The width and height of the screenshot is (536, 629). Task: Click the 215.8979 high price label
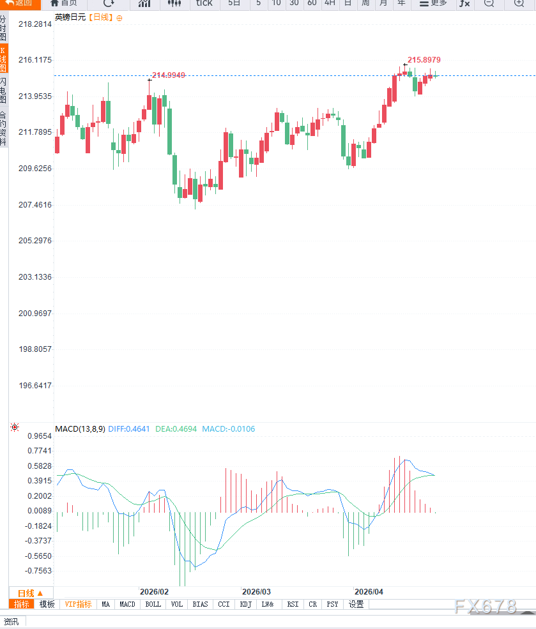point(424,60)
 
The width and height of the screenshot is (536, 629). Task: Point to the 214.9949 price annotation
point(169,75)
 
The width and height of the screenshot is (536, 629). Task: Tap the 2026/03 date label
point(256,592)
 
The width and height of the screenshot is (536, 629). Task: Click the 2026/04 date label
point(369,592)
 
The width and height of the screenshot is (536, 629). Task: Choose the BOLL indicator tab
point(153,604)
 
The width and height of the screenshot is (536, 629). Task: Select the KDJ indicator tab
point(246,604)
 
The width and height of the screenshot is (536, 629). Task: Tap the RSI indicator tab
point(293,604)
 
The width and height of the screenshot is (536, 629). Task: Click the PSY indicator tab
point(332,604)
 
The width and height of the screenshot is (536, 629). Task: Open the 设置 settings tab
point(356,604)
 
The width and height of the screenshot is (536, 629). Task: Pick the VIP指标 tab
point(79,604)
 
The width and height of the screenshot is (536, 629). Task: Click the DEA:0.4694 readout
point(176,429)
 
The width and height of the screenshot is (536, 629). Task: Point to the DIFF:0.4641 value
point(129,429)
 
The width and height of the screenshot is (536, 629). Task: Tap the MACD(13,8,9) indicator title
point(80,429)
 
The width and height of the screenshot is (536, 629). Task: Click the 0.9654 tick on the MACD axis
point(39,436)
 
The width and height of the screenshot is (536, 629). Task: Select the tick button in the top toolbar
point(204,3)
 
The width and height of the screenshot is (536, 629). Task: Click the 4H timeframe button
point(330,3)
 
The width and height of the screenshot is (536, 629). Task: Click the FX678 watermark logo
point(486,607)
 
